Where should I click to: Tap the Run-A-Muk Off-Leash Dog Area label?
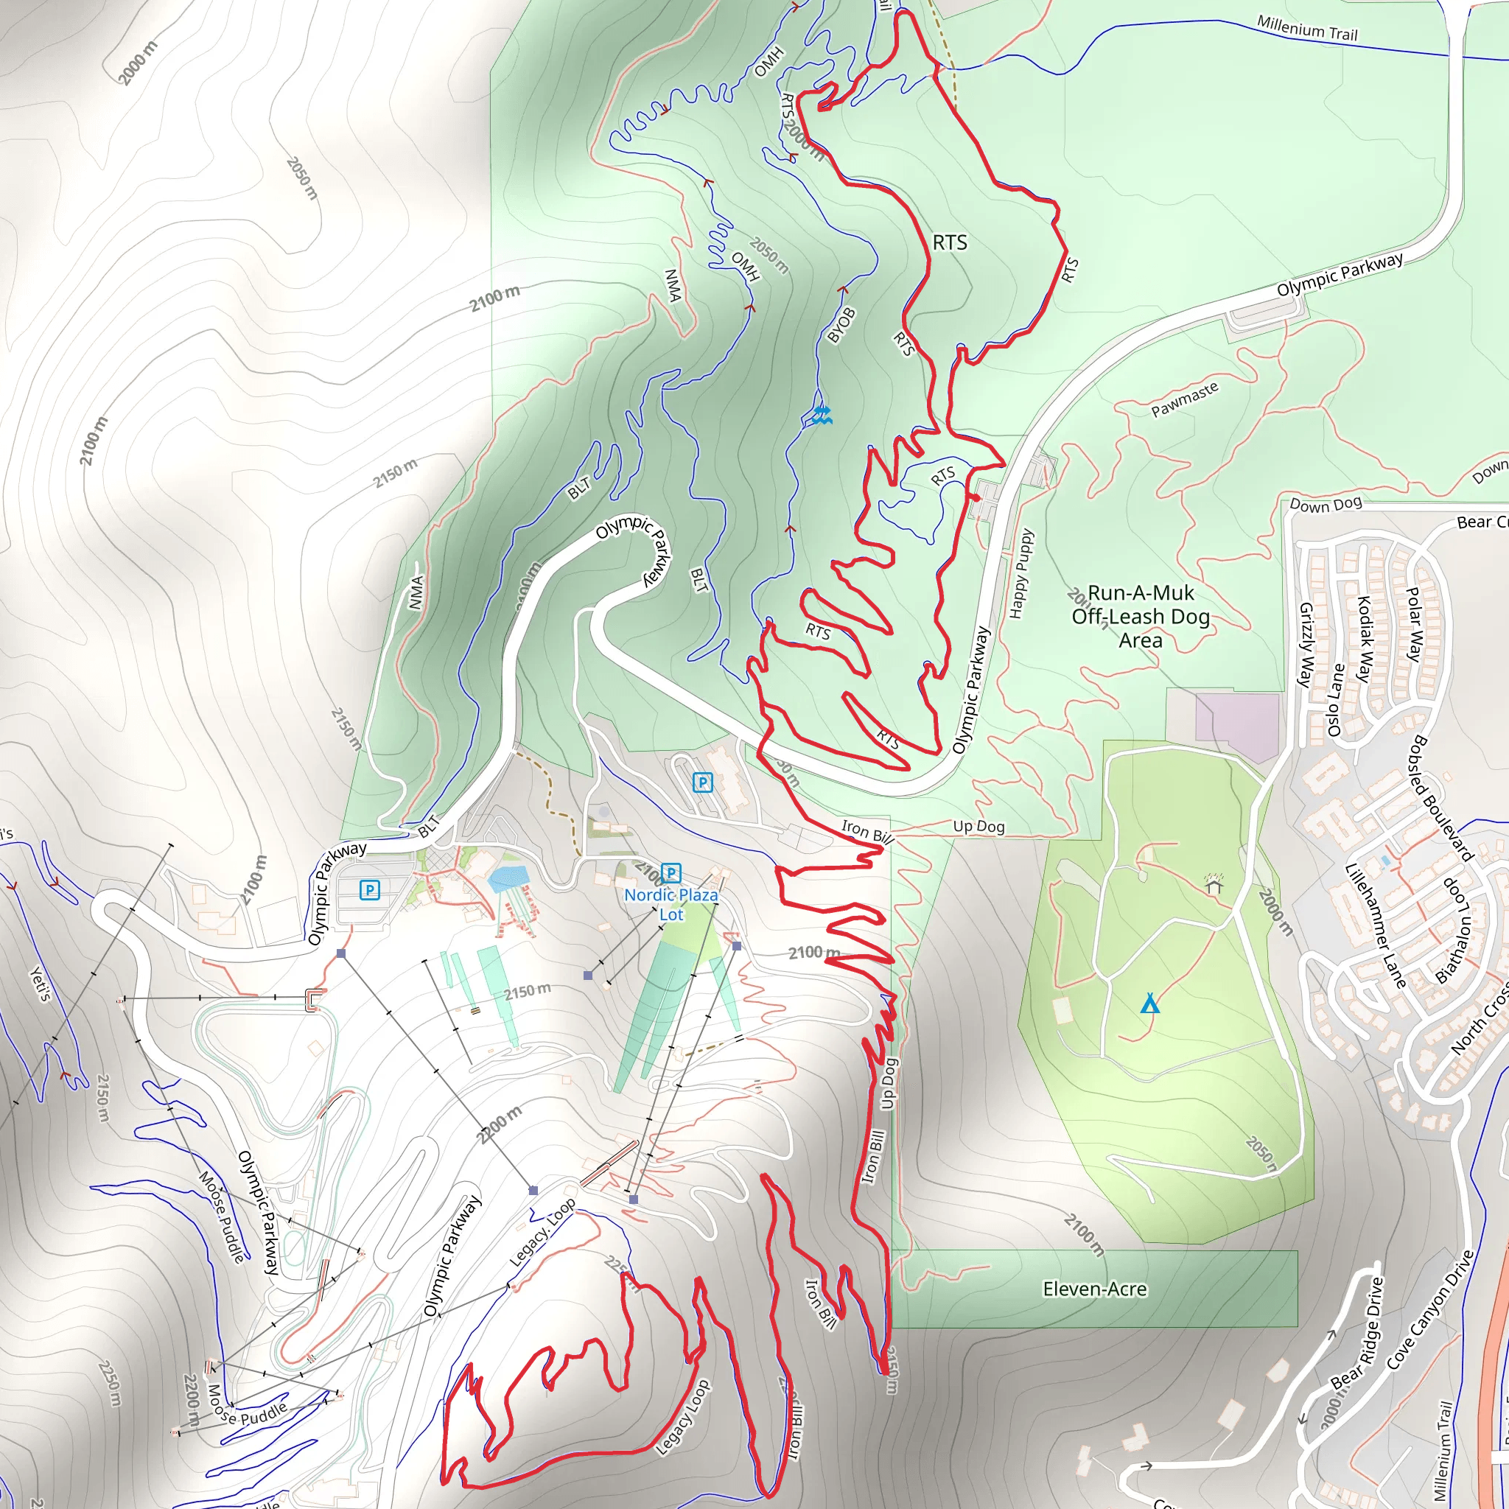click(x=1141, y=616)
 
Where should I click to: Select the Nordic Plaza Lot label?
click(x=671, y=903)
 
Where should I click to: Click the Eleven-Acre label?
click(x=1094, y=1289)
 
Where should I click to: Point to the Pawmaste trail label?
click(x=1184, y=399)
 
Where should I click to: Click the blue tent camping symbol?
click(x=1149, y=1003)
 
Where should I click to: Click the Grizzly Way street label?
click(x=1305, y=645)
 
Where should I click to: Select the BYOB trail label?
click(x=841, y=325)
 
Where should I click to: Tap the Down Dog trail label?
click(x=1326, y=504)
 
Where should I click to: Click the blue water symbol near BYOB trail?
click(x=820, y=414)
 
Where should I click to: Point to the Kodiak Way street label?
click(x=1365, y=639)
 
